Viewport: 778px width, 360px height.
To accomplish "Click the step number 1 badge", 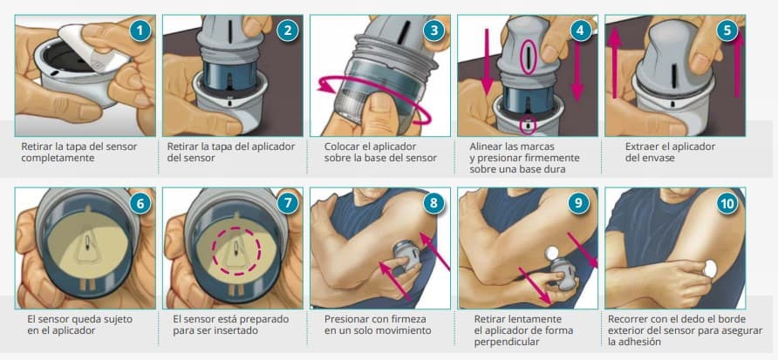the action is (140, 31).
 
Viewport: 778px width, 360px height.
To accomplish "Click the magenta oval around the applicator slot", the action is (528, 58).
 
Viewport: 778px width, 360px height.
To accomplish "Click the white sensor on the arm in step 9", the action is (551, 253).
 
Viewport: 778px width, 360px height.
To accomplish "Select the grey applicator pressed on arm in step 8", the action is (405, 255).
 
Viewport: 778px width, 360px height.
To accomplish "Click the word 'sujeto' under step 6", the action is (117, 319).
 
